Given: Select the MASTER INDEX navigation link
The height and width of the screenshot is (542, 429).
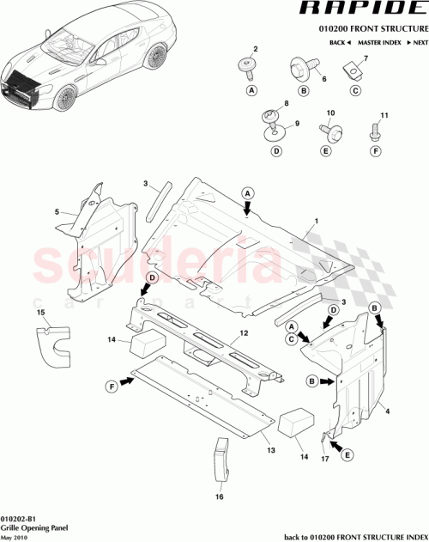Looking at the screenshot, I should pos(382,42).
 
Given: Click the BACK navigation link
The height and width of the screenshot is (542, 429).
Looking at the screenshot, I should pos(340,42).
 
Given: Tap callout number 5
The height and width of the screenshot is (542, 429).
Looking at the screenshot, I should pos(57,211).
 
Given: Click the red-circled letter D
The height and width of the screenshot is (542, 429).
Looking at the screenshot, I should pos(151,277).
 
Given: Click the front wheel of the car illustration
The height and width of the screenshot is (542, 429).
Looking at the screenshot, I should pos(64,100).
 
